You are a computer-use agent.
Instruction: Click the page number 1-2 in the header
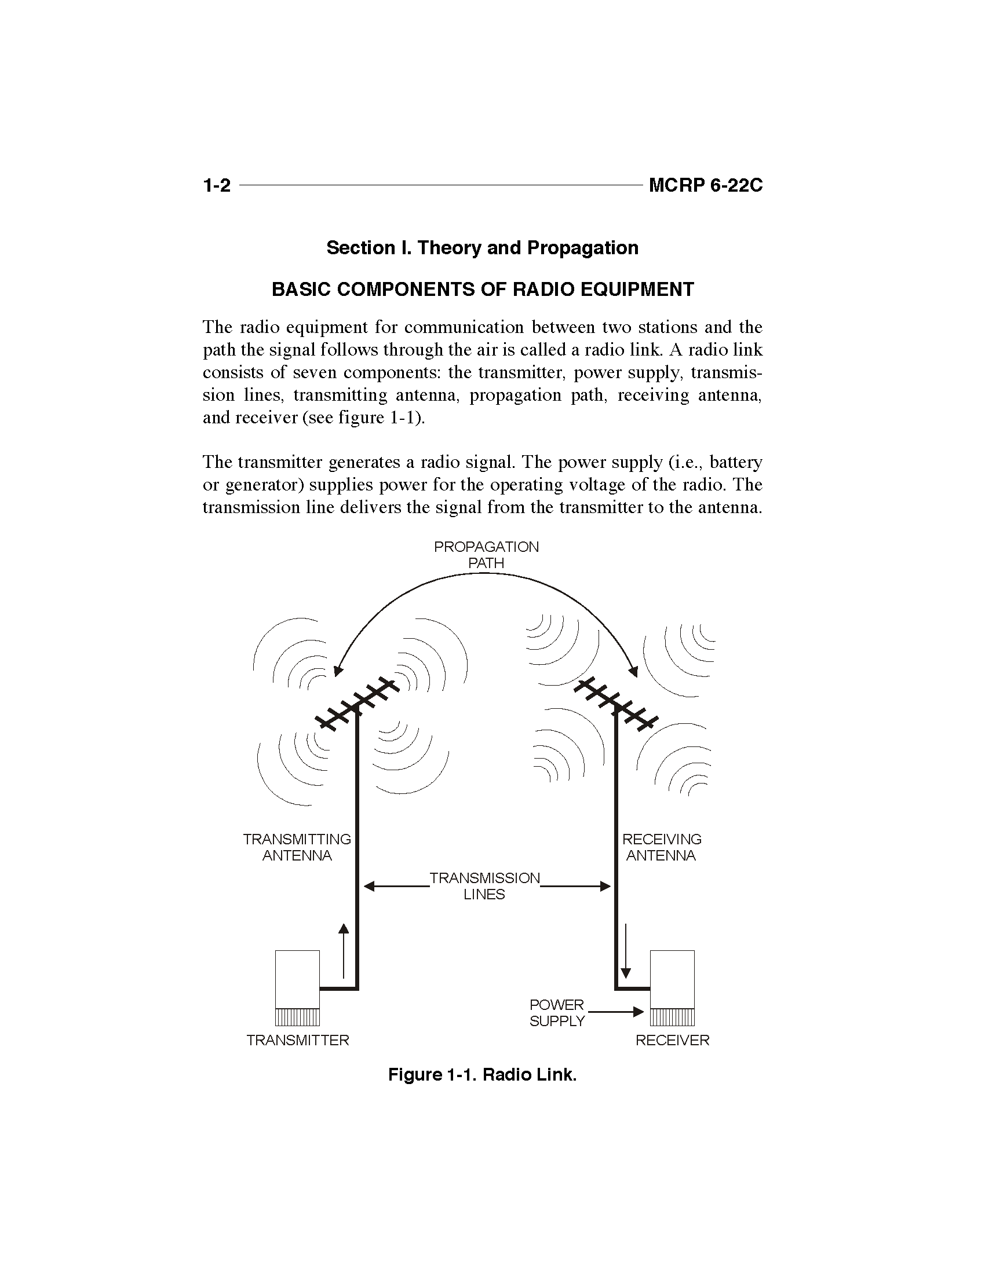(x=217, y=185)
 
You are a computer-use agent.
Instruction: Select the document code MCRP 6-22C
(x=706, y=185)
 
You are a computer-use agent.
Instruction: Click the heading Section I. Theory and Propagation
(x=482, y=248)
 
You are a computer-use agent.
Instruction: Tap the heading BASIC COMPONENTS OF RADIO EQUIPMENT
(x=483, y=290)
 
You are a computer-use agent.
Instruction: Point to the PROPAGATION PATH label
(x=486, y=555)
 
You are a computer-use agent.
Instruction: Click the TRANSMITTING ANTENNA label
(x=297, y=847)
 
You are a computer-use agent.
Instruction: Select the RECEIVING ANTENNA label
(x=662, y=847)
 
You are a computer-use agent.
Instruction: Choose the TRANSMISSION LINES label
(x=485, y=886)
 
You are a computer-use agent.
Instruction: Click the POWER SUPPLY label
(x=557, y=1013)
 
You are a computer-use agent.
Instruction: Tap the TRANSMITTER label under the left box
(x=298, y=1040)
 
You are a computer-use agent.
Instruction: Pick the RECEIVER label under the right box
(x=672, y=1040)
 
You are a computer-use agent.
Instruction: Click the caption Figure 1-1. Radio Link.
(x=482, y=1074)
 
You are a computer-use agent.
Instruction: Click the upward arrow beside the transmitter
(x=344, y=951)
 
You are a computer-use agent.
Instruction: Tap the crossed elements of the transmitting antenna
(x=357, y=704)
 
